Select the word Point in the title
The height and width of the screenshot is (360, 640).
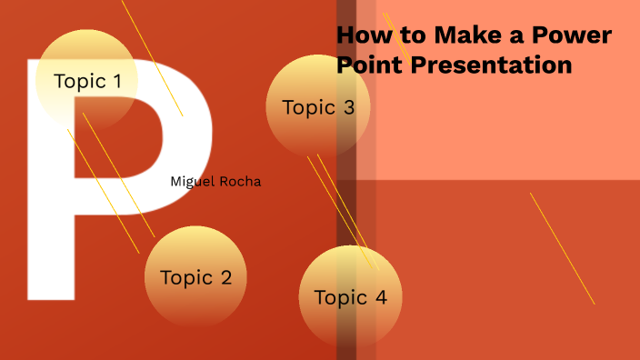point(368,65)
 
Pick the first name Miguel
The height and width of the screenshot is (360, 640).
point(194,182)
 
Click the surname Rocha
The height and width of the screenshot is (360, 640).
point(240,182)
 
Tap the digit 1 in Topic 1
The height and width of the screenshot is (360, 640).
point(116,81)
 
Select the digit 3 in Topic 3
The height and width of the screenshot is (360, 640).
point(348,107)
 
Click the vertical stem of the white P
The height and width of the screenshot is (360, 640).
point(50,227)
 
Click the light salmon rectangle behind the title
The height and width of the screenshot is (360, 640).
point(509,127)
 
